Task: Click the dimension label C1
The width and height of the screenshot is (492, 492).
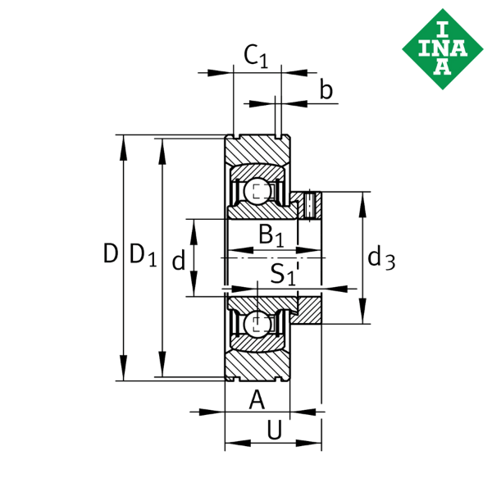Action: pos(256,57)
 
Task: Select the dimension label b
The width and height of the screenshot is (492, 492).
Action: pos(326,90)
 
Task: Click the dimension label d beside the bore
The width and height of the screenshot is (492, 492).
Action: pos(177,261)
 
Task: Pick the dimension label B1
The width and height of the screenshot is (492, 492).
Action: pos(271,235)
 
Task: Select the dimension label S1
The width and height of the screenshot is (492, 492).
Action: pos(284,273)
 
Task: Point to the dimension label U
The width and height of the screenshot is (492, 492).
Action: pos(275,429)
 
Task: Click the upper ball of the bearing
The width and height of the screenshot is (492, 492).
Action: pos(257,192)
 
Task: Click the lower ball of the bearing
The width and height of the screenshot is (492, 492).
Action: pos(257,322)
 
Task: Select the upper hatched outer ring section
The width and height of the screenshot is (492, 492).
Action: pos(257,151)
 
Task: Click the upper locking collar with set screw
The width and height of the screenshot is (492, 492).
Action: pos(307,204)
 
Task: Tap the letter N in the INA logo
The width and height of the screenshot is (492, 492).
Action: pos(441,50)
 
